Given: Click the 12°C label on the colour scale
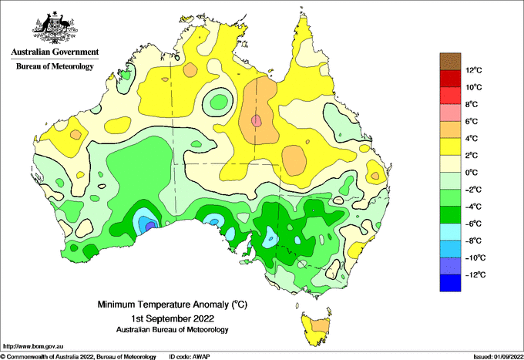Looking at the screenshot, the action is click(474, 70).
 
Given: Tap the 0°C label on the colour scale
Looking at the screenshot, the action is click(472, 173).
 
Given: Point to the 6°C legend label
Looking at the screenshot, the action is click(472, 121).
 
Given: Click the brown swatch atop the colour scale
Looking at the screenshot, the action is click(450, 62).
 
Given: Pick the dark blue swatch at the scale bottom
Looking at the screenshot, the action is click(450, 283).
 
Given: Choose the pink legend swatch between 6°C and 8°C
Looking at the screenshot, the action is click(450, 113).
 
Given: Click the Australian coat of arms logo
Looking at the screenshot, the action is click(55, 28).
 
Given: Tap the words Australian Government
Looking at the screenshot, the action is click(55, 52).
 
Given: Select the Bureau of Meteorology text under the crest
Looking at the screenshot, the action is click(55, 66).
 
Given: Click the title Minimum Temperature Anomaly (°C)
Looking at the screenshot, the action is click(172, 304).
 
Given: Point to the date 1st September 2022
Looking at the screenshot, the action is click(173, 318).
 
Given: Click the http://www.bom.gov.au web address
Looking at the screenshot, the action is click(32, 346).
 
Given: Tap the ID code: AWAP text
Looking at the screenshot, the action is click(190, 357).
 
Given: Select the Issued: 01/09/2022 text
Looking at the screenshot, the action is click(499, 357).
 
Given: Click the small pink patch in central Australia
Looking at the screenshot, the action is click(257, 121).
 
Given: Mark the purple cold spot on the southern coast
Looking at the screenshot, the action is click(151, 226).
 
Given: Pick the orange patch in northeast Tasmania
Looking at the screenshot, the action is click(320, 325).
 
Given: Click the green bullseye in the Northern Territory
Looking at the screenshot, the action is click(218, 101).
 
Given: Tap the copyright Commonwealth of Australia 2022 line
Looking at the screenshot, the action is click(78, 357).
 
